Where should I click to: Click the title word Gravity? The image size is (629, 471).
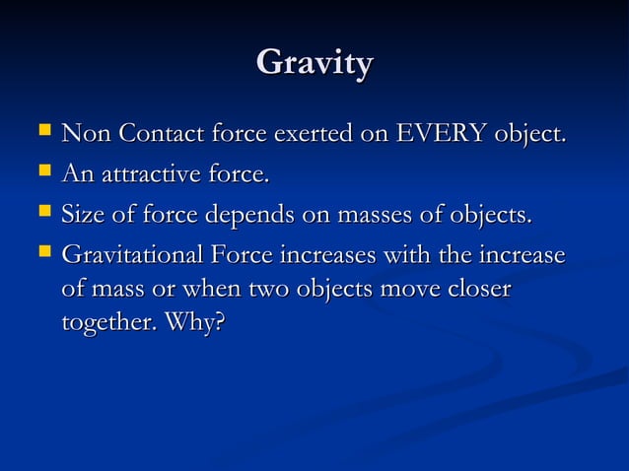coord(314,64)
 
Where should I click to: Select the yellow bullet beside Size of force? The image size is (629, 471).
coord(39,212)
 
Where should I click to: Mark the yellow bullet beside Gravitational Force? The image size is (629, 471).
coord(39,252)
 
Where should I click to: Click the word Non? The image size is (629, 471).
coord(84,135)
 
